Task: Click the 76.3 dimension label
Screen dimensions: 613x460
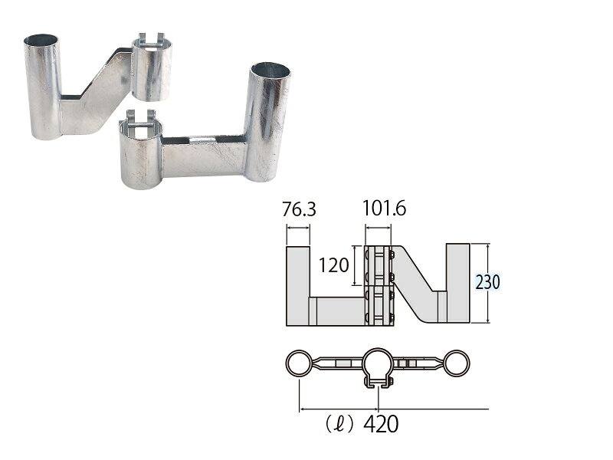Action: (299, 210)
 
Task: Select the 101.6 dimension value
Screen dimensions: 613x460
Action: (385, 208)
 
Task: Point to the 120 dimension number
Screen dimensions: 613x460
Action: (333, 265)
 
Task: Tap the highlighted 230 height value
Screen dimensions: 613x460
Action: (487, 282)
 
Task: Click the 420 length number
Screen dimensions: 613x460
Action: (381, 424)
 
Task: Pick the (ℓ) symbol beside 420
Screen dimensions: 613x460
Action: (339, 425)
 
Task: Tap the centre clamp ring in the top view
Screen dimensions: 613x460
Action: (378, 362)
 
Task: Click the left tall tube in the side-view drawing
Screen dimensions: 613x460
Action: (298, 285)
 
